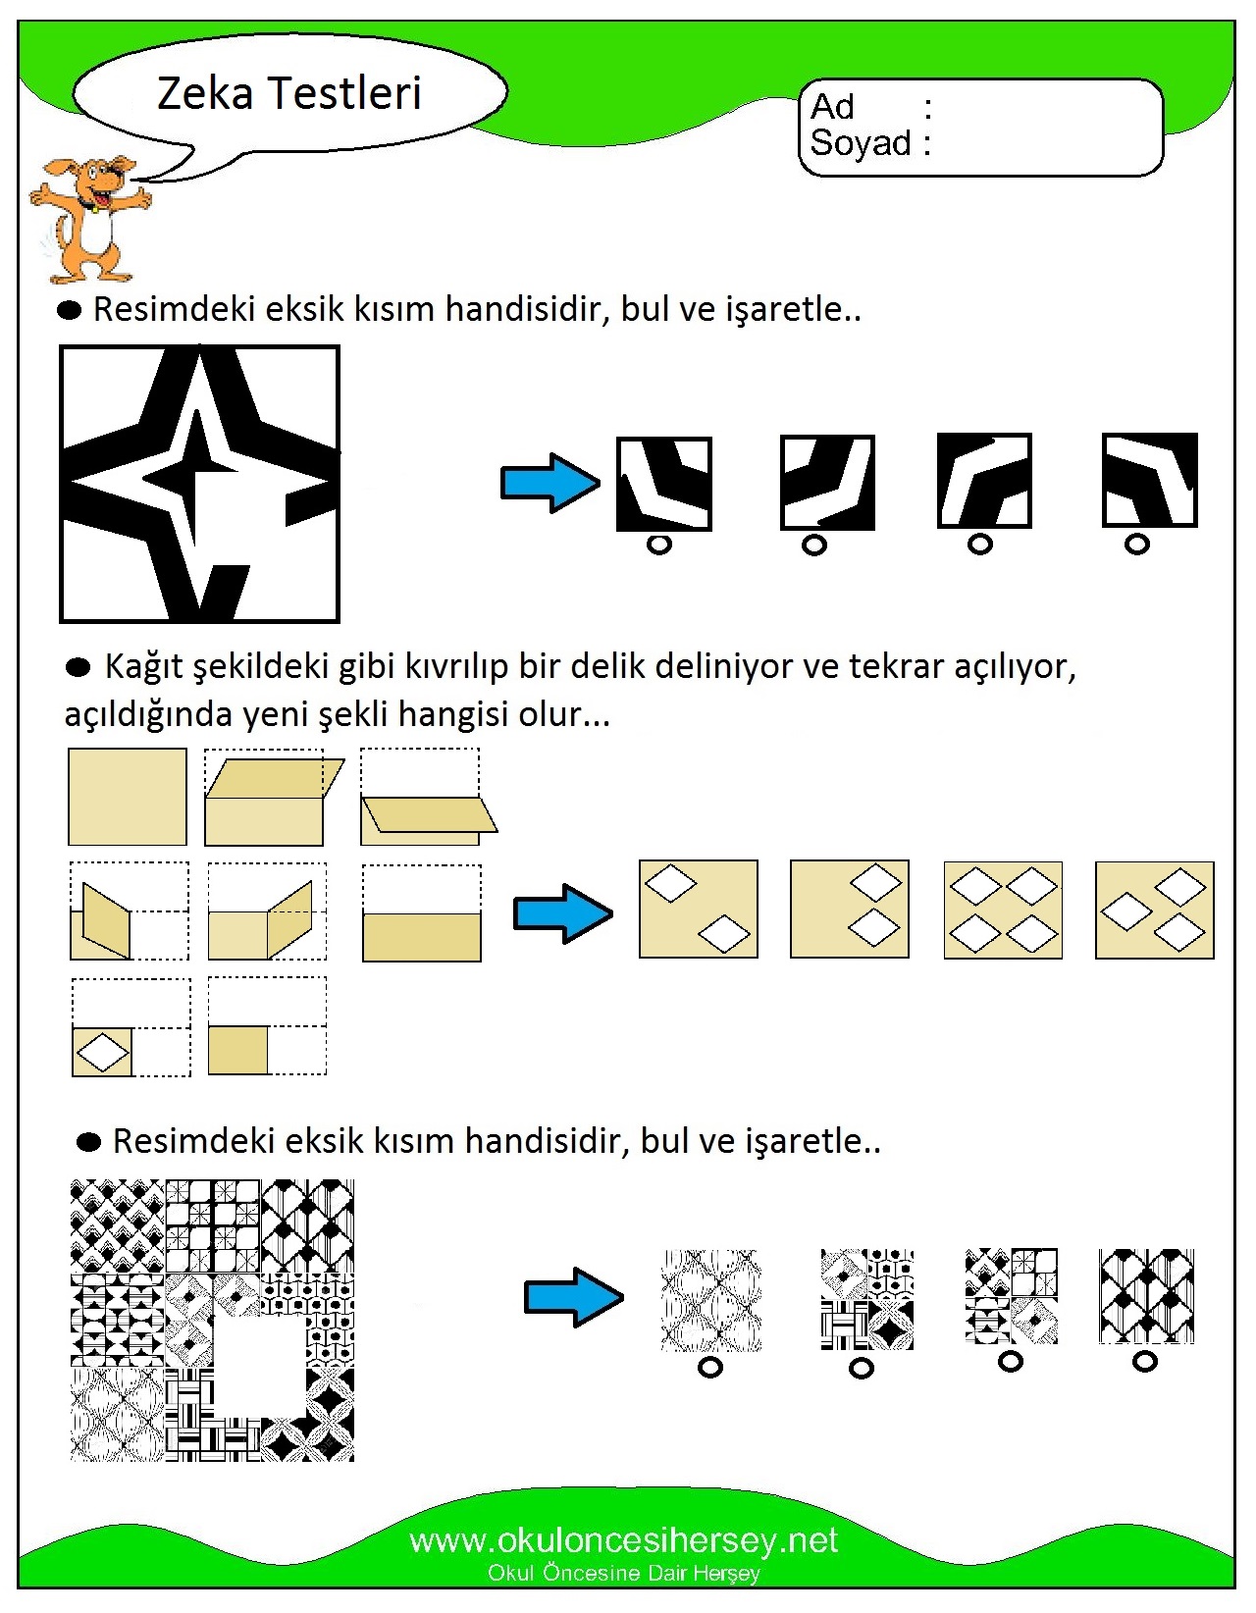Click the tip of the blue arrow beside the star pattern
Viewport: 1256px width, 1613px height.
[600, 484]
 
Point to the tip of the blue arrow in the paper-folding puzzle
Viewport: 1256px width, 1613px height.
[613, 913]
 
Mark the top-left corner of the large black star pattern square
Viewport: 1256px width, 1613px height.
[60, 346]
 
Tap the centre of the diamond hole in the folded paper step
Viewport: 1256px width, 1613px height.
[103, 1052]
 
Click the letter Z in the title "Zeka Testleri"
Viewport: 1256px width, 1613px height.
[173, 93]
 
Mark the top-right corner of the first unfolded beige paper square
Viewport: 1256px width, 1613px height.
[186, 749]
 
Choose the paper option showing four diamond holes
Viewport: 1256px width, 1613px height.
[1003, 910]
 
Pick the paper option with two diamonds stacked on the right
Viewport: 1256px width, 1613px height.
[850, 909]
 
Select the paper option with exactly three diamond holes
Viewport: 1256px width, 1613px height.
[1155, 911]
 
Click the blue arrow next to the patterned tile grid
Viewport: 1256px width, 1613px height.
[574, 1297]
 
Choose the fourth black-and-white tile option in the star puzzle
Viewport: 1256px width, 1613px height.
[1150, 480]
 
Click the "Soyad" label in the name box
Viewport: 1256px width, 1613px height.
[862, 142]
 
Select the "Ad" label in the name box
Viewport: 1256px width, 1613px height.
[833, 107]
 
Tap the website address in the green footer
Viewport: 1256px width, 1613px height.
[623, 1540]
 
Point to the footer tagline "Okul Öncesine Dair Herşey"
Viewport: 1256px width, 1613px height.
[623, 1573]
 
